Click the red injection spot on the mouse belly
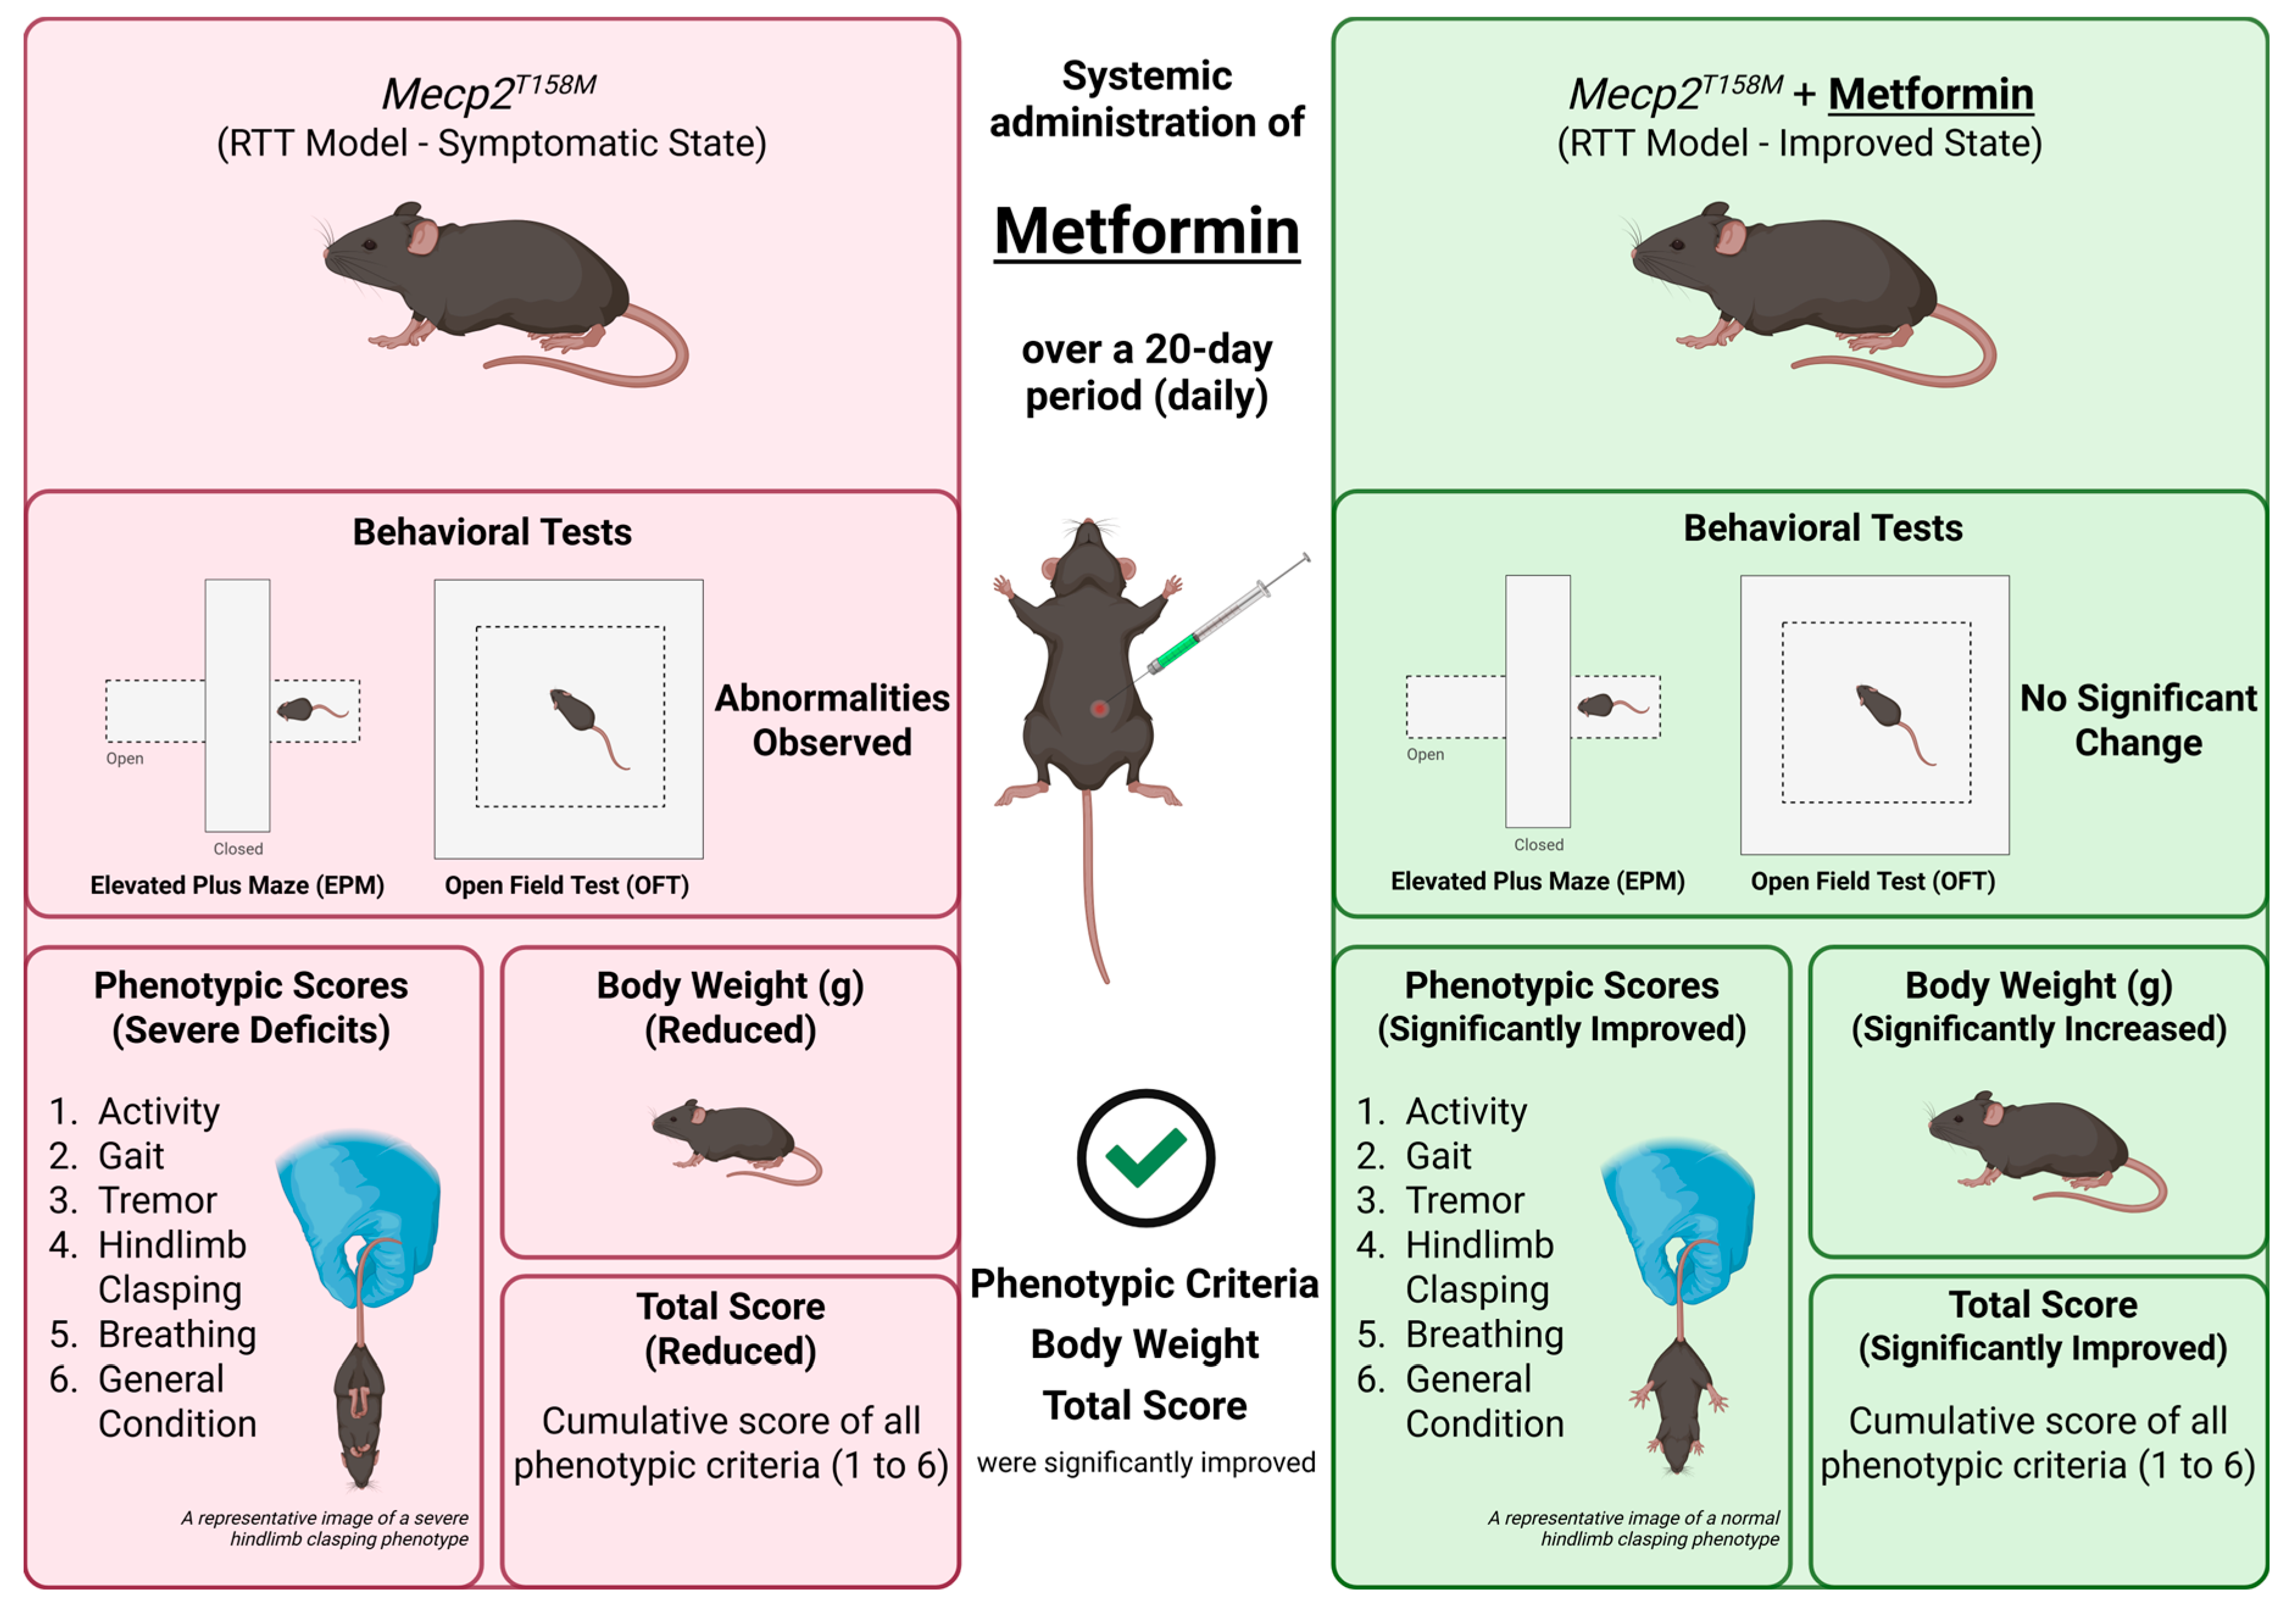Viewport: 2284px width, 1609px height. click(1098, 708)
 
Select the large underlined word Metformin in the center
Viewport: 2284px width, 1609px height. click(1147, 231)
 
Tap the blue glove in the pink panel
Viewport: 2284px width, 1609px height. click(360, 1214)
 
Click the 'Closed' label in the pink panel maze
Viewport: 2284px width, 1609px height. click(238, 849)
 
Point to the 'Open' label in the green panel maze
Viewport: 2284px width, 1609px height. click(1425, 754)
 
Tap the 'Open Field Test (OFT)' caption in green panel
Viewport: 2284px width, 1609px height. click(1872, 882)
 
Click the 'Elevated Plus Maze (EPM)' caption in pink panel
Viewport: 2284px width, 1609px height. click(237, 886)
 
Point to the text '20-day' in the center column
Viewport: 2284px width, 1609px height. click(1208, 349)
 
